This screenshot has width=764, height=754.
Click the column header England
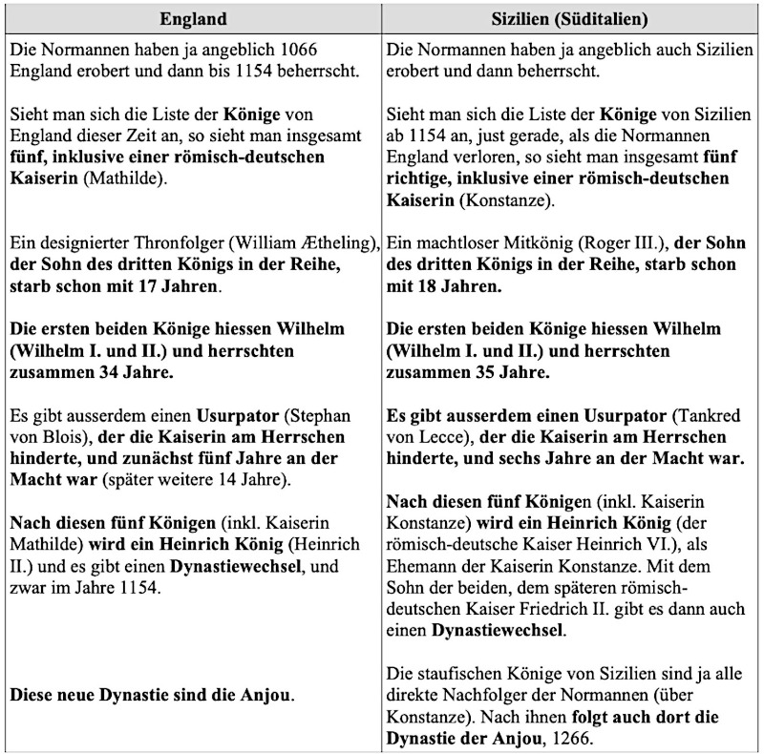point(193,18)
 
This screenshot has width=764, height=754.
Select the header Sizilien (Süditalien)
point(573,18)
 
